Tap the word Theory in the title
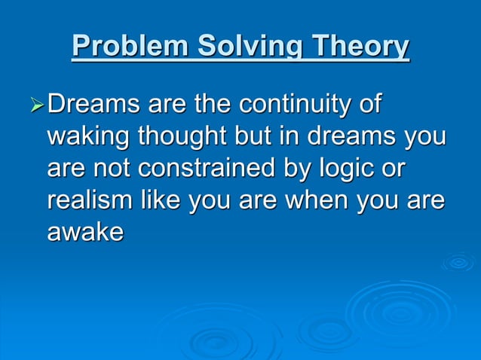tap(359, 46)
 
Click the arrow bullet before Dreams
tap(35, 105)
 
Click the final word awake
tap(85, 232)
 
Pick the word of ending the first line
tap(369, 105)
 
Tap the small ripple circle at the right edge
tap(458, 262)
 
